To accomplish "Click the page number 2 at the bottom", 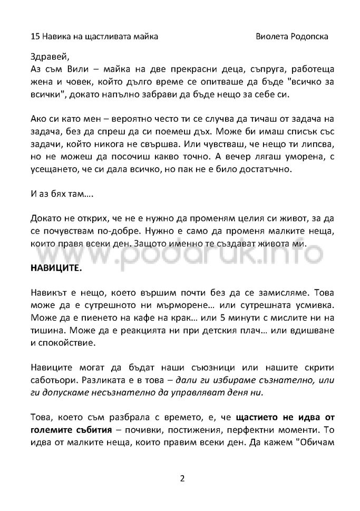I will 182,479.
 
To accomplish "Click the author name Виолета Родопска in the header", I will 291,37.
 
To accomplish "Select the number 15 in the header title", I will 35,37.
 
